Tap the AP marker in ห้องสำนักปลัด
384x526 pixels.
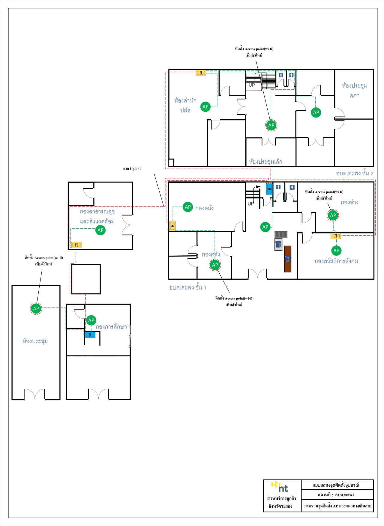point(205,107)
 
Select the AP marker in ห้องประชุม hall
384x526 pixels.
point(36,308)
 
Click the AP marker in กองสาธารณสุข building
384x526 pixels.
point(100,230)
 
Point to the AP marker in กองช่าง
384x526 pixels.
point(333,215)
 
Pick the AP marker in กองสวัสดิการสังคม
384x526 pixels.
point(336,251)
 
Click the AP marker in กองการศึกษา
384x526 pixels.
point(91,320)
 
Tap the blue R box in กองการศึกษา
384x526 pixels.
point(90,335)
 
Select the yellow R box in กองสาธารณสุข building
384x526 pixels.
point(76,245)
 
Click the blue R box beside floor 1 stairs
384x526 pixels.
point(269,189)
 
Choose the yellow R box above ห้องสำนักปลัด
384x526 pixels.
point(201,73)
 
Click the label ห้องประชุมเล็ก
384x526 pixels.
point(265,162)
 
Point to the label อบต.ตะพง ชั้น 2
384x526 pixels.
point(355,174)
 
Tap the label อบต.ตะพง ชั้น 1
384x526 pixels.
point(188,288)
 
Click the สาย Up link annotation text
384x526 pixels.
point(132,169)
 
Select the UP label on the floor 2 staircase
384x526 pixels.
point(252,85)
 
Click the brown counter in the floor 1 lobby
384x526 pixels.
point(288,259)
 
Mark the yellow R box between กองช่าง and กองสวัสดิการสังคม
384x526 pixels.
point(336,236)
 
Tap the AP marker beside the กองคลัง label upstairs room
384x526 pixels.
point(188,207)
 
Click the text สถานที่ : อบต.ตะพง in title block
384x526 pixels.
point(337,495)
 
